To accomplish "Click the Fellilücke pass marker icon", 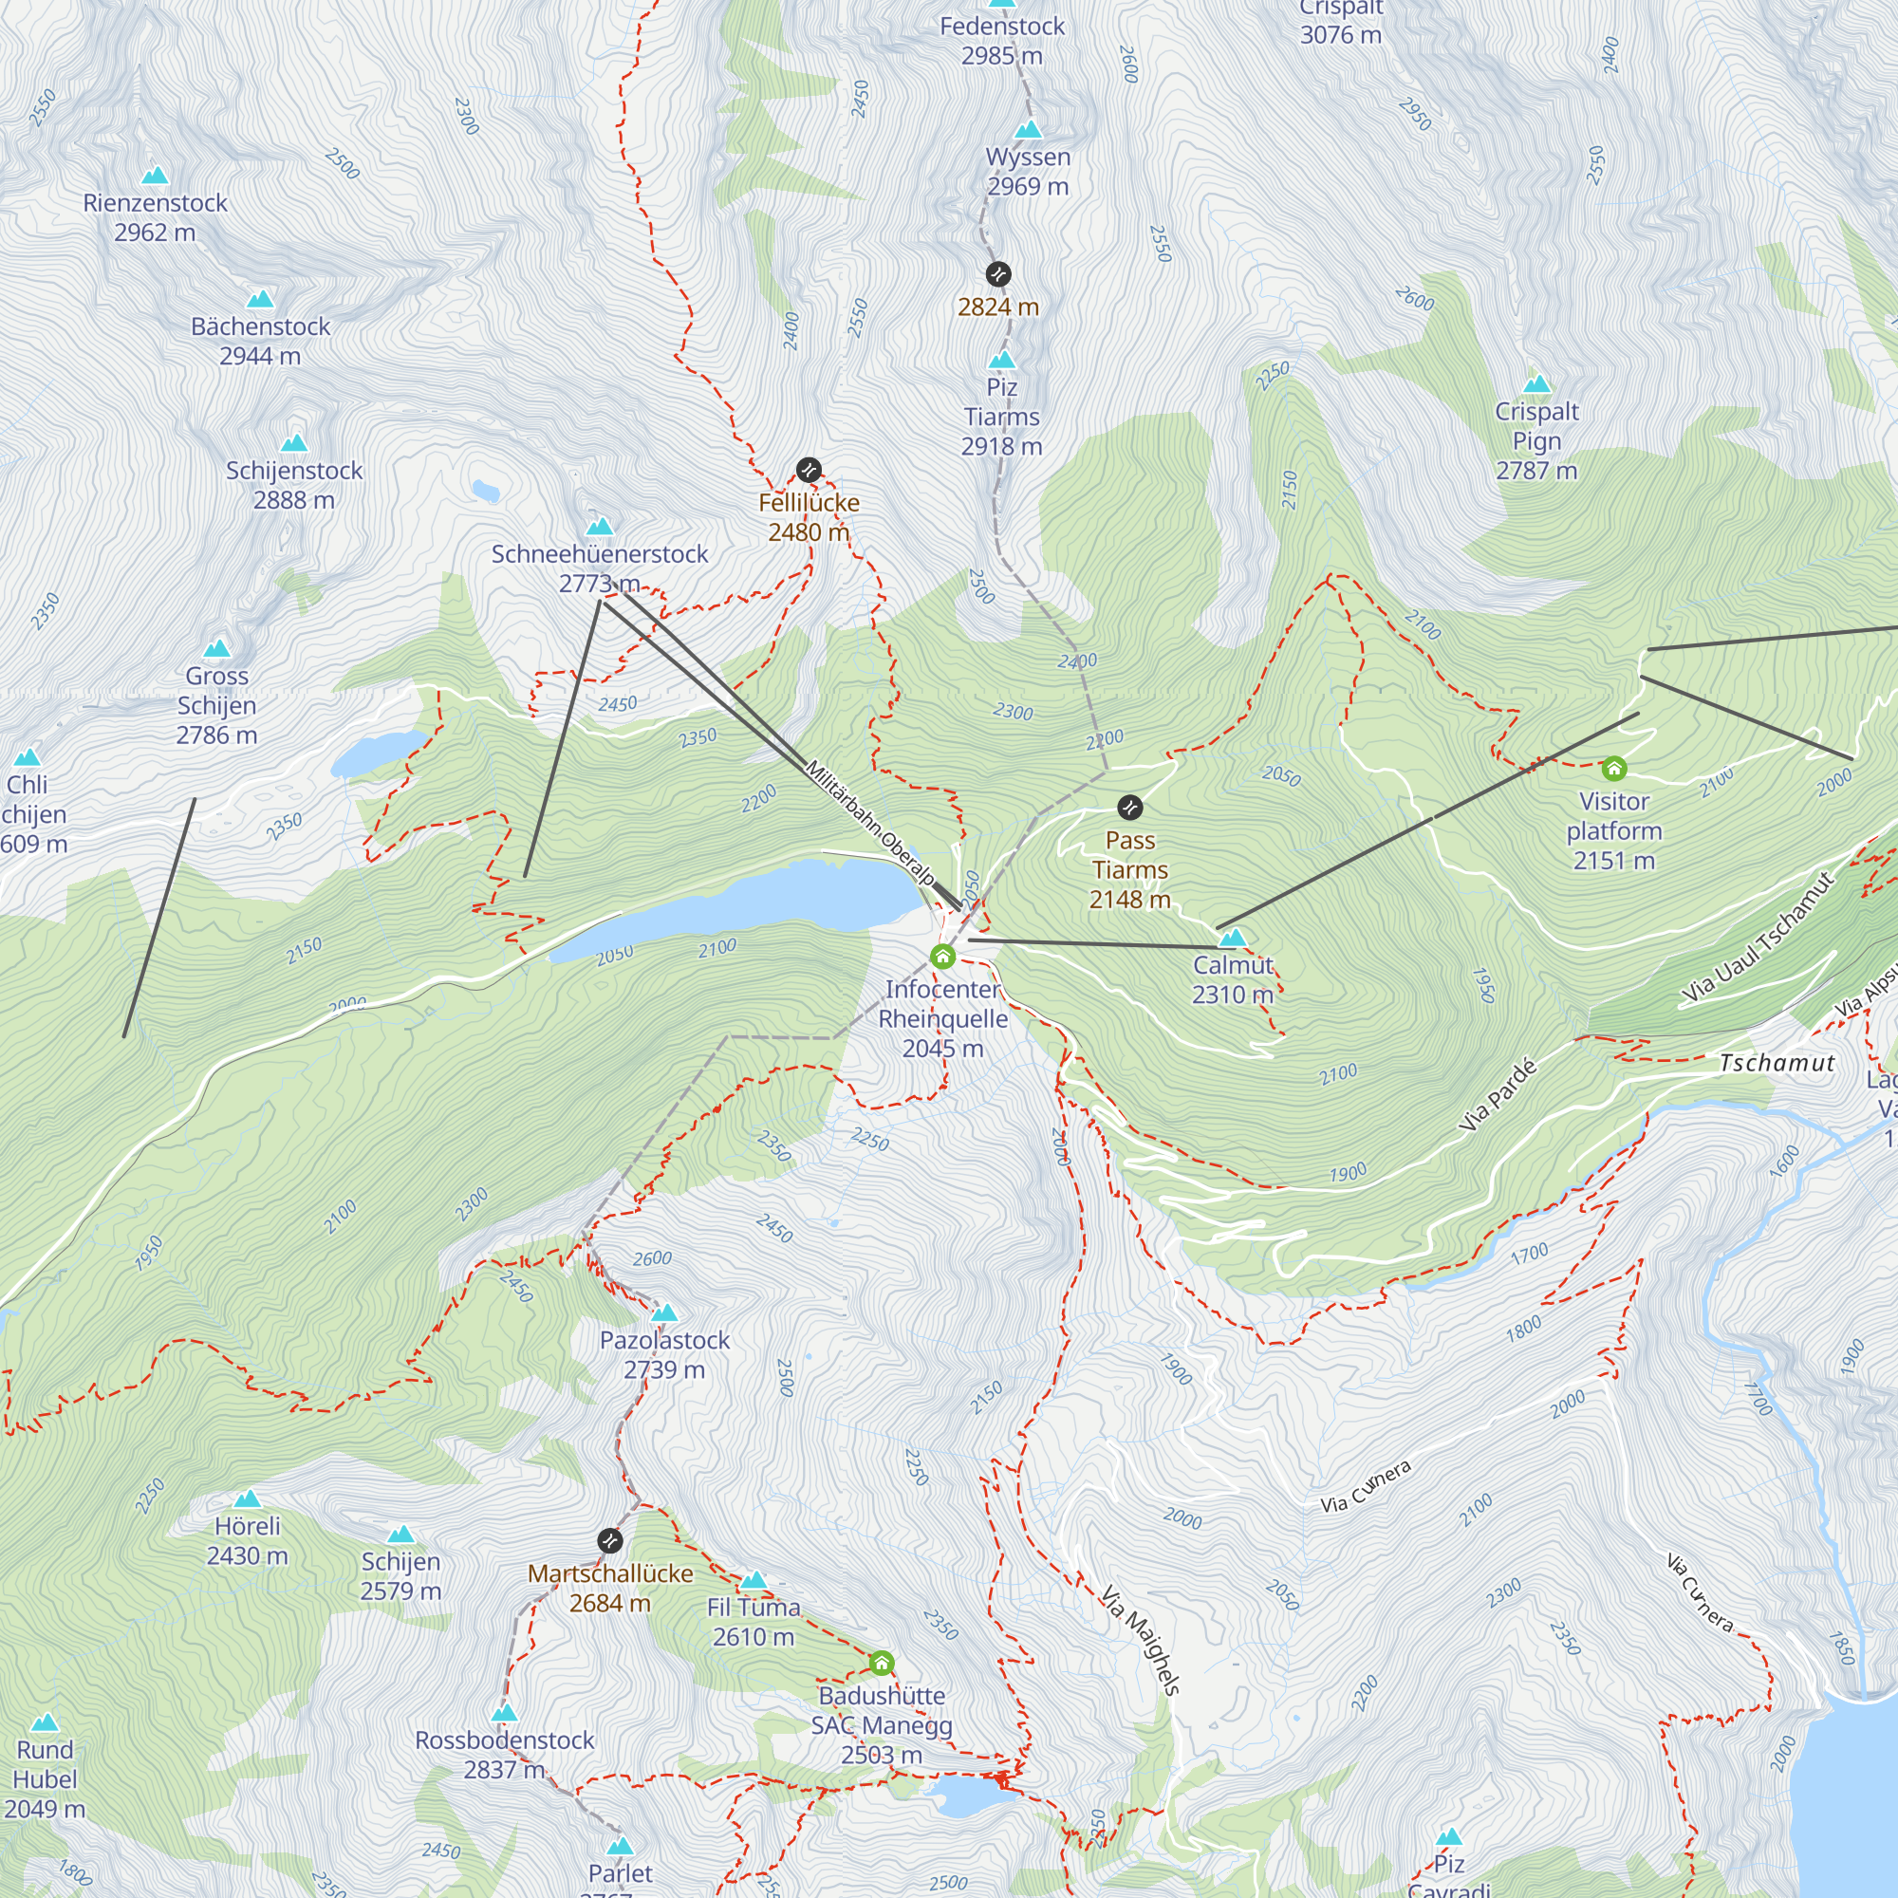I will point(808,470).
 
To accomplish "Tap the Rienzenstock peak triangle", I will point(155,177).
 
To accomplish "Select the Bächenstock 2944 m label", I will point(260,341).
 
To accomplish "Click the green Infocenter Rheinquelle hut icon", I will point(942,956).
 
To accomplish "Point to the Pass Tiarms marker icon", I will point(1129,808).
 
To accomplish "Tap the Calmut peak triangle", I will point(1232,939).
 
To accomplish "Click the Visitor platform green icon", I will point(1614,769).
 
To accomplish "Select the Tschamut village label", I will point(1777,1063).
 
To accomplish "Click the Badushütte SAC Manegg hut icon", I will point(882,1663).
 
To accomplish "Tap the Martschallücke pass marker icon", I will point(609,1539).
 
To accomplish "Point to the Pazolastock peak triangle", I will point(664,1313).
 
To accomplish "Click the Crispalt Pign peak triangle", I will point(1536,384).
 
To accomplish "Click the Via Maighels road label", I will point(1140,1640).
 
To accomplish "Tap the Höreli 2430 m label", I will point(247,1540).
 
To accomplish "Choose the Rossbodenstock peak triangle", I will point(504,1713).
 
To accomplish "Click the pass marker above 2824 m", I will point(998,273).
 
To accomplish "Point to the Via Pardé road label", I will point(1498,1095).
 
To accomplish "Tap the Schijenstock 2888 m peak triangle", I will point(294,443).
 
